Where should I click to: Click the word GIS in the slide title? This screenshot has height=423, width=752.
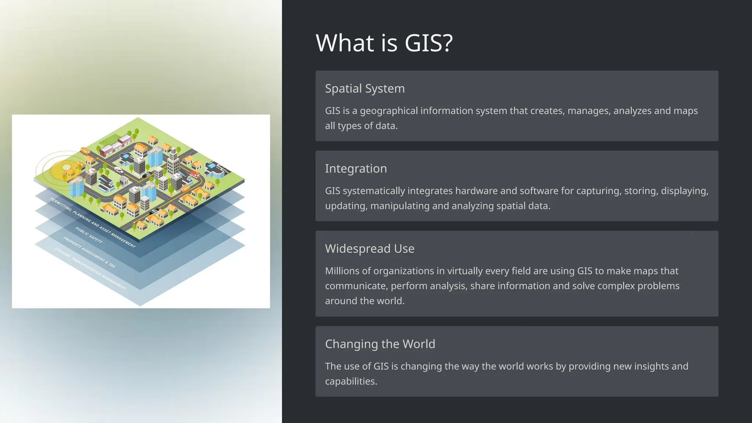tap(429, 43)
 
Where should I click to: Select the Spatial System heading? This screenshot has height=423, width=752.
tap(365, 88)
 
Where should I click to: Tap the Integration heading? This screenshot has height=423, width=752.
tap(356, 169)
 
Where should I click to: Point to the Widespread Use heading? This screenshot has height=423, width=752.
tap(369, 249)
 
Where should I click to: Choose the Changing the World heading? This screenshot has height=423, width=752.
tap(380, 344)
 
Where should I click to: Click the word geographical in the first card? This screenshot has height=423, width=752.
tap(388, 111)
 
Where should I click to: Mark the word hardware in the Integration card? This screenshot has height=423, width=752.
tap(476, 191)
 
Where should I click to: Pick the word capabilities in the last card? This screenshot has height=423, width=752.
tap(351, 381)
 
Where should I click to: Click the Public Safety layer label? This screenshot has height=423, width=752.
tap(89, 235)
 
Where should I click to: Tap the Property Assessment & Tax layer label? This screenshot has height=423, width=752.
tap(89, 252)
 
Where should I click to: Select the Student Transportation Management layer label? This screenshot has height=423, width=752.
tap(90, 268)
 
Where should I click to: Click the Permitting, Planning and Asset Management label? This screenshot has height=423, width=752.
tap(93, 223)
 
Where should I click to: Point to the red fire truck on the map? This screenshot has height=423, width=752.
tap(194, 174)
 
